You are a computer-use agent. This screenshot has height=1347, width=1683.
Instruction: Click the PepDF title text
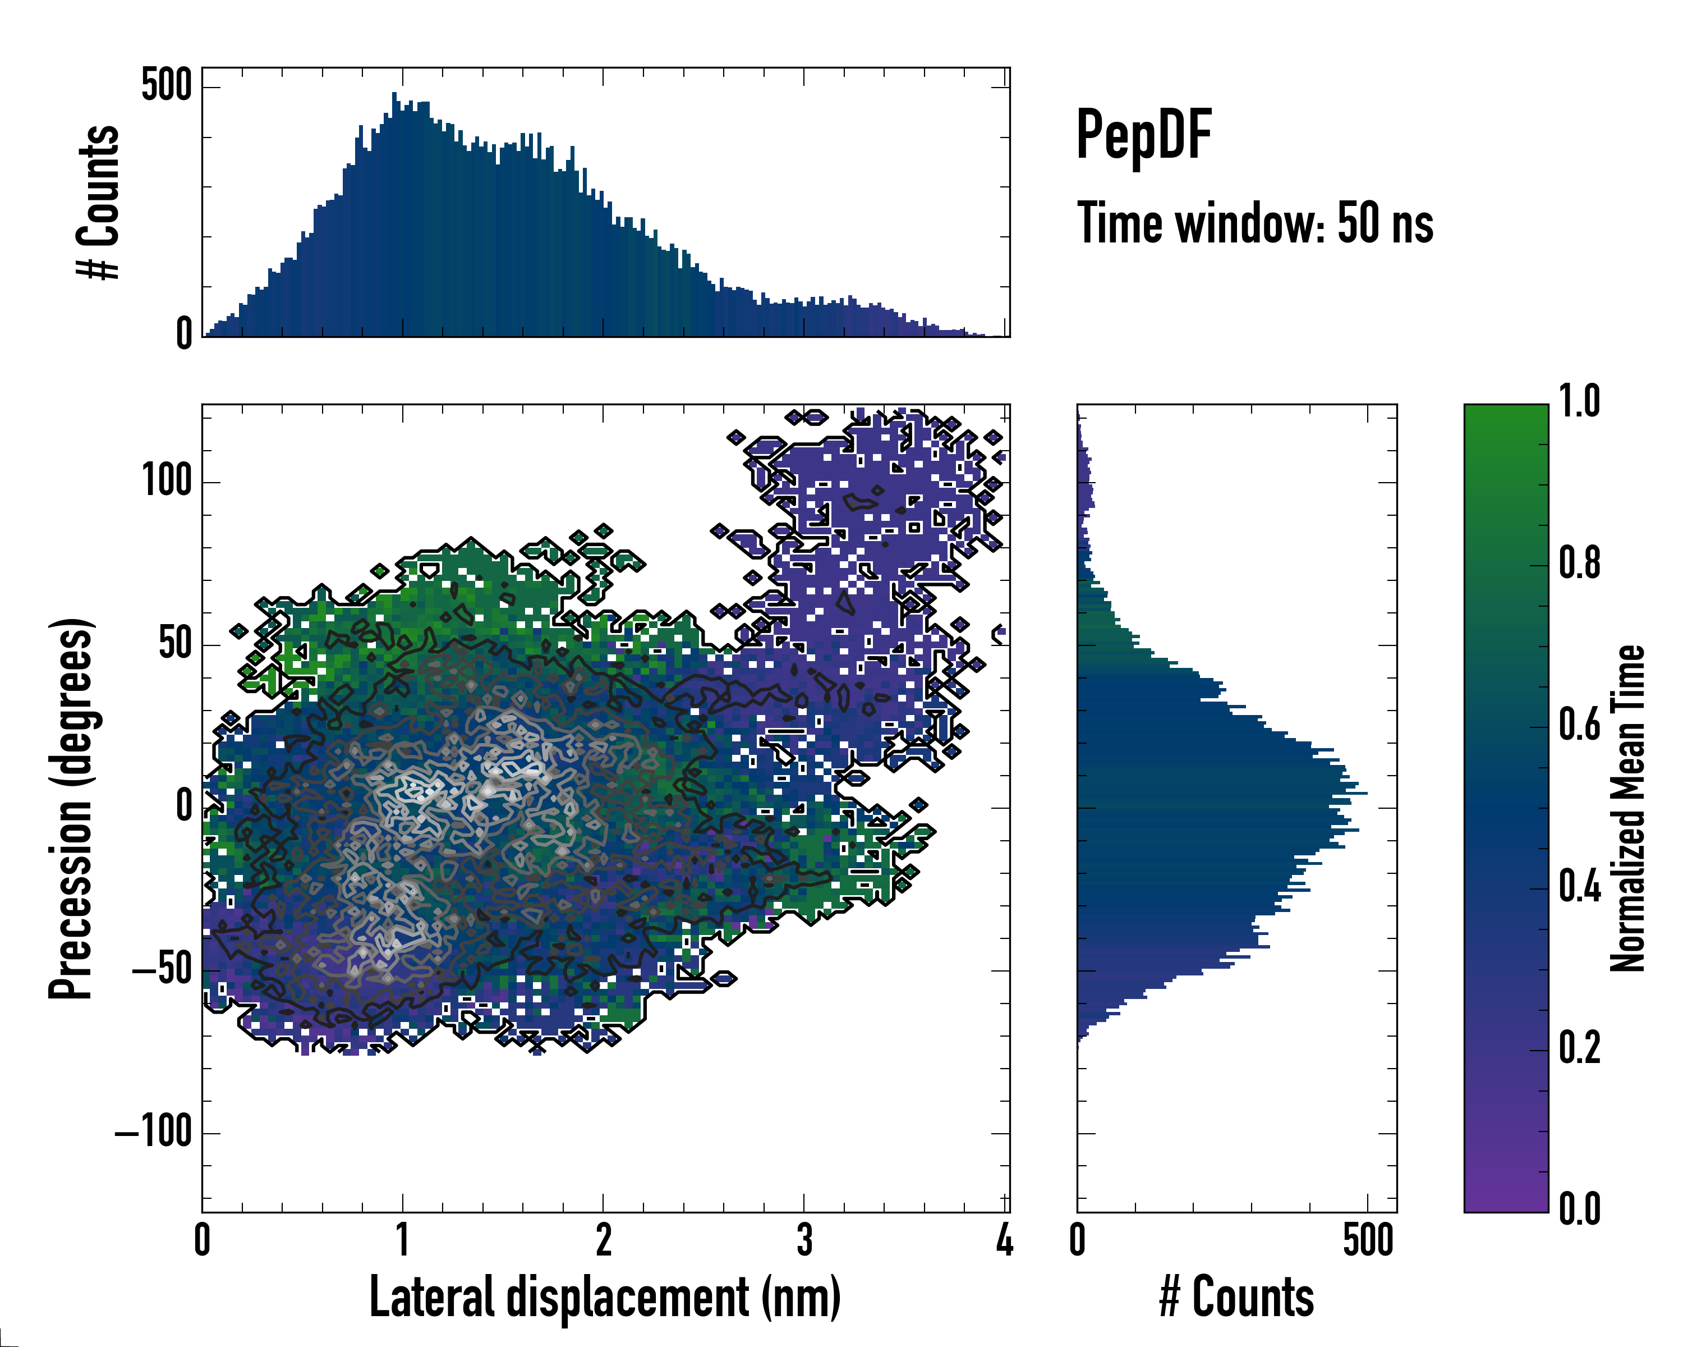1143,135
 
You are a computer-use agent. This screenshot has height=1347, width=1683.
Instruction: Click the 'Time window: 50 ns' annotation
1254,223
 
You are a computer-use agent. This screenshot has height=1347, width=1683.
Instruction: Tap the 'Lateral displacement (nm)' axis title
604,1297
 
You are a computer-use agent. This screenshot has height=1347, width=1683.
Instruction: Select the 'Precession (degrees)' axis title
71,808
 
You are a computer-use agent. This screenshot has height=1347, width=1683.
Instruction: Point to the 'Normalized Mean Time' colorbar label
1627,808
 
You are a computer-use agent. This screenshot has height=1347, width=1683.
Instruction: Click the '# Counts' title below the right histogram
1236,1297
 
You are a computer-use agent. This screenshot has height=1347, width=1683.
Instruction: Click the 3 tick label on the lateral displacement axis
804,1240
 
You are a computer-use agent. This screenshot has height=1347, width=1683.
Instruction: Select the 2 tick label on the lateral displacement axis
604,1240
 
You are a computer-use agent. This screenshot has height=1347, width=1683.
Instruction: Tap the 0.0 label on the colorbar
1579,1209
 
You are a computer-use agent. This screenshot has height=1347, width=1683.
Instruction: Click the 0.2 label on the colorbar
1579,1048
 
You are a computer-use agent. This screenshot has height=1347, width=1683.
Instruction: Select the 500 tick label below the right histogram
1368,1240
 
